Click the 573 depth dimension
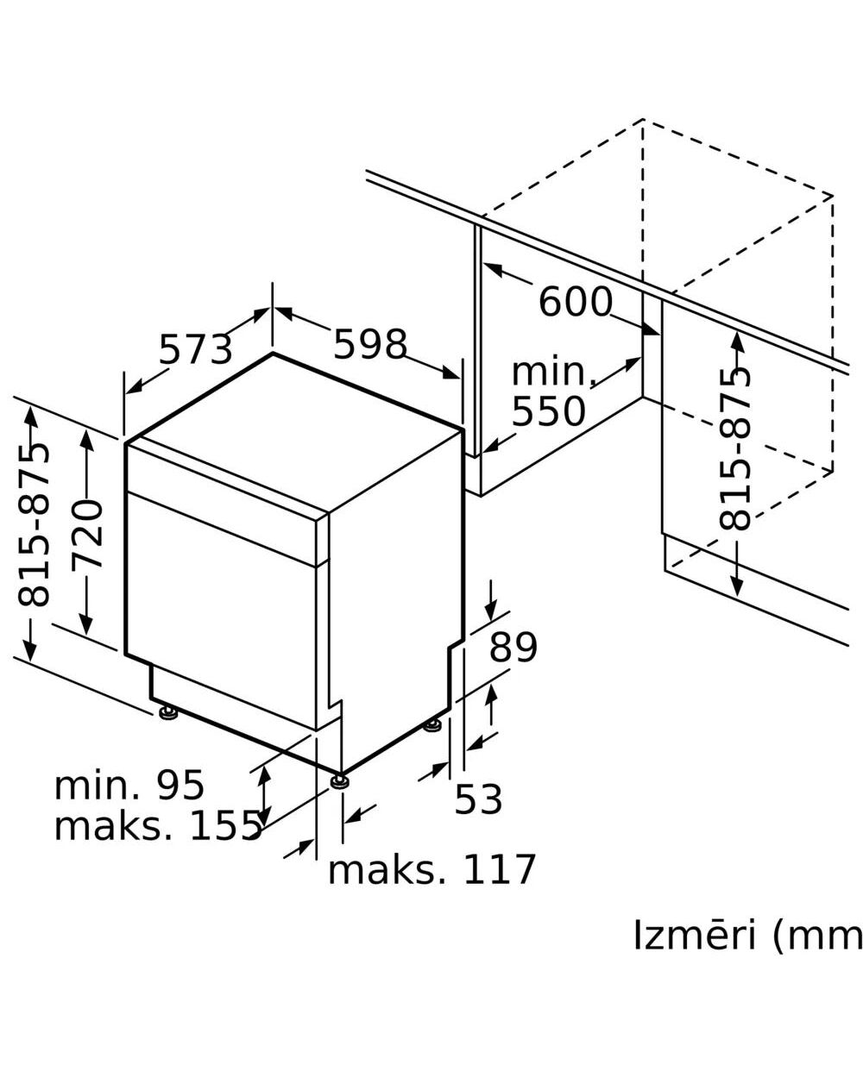pyautogui.click(x=196, y=349)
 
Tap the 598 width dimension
pyautogui.click(x=370, y=344)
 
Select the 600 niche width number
pyautogui.click(x=575, y=302)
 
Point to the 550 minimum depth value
pyautogui.click(x=548, y=411)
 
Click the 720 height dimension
pyautogui.click(x=86, y=534)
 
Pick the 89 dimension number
pyautogui.click(x=513, y=648)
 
